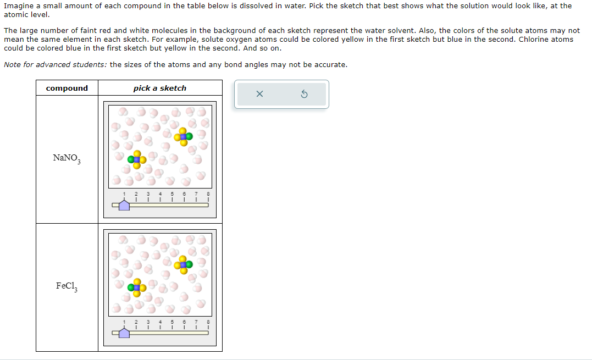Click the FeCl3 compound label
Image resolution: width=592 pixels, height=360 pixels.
(x=67, y=286)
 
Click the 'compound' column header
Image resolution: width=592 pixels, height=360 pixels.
(x=67, y=88)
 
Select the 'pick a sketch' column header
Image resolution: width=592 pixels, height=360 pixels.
(x=160, y=88)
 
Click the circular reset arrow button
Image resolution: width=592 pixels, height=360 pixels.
(x=305, y=95)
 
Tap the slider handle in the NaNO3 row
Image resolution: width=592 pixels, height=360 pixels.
(x=124, y=205)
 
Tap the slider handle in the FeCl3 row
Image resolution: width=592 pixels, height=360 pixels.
(x=124, y=333)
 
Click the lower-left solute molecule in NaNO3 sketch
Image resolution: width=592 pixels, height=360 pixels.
(x=137, y=160)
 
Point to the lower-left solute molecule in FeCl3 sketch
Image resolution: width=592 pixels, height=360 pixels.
(x=137, y=287)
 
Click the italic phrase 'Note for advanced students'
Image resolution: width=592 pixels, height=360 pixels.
(x=55, y=65)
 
